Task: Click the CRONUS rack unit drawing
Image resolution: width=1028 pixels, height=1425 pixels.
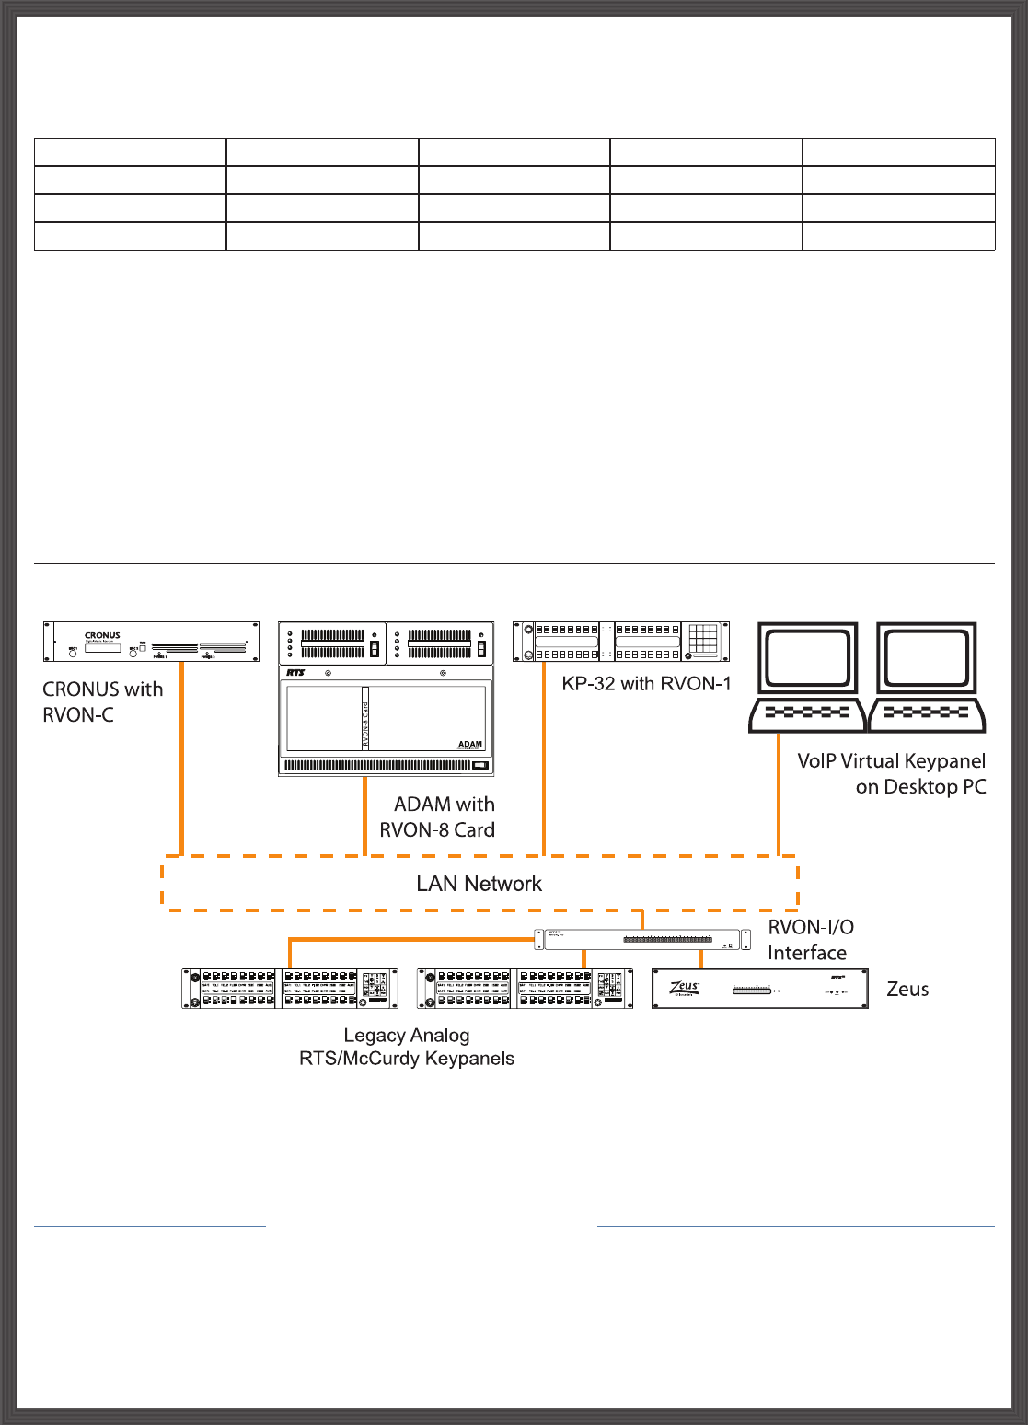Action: click(x=151, y=642)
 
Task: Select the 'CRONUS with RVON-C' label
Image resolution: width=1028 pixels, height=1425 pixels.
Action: click(x=102, y=701)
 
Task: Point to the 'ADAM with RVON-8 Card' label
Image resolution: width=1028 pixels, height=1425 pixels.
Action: click(x=438, y=817)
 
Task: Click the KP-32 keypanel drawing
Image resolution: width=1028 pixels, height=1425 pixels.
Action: click(x=621, y=642)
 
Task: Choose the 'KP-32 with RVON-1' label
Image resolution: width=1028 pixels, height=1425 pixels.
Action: click(x=646, y=684)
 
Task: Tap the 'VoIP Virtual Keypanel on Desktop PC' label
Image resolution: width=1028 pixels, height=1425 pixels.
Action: click(x=891, y=774)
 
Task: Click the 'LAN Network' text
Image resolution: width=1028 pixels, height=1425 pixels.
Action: click(x=479, y=884)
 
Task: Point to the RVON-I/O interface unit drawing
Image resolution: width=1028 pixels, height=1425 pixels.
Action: click(x=642, y=940)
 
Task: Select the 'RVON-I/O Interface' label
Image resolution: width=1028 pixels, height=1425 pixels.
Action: click(x=810, y=940)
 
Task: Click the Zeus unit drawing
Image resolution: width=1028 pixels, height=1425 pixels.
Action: click(x=760, y=989)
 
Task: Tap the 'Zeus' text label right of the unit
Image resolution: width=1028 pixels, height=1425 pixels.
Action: click(x=907, y=990)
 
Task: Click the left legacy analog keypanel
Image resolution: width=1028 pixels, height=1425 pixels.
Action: click(x=290, y=989)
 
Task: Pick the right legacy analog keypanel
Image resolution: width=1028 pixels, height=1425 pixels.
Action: click(x=525, y=989)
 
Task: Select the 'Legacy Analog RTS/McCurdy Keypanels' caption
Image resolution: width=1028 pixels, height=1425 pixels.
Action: click(x=407, y=1048)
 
